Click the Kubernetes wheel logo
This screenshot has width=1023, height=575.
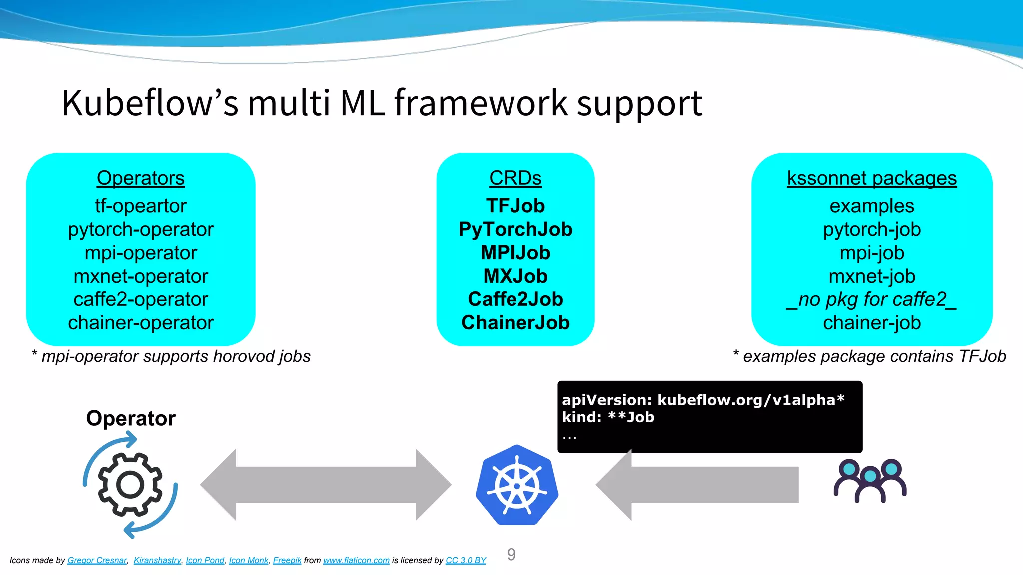coord(517,485)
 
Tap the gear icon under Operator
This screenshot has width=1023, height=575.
coord(130,485)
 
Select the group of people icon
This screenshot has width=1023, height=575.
coord(870,480)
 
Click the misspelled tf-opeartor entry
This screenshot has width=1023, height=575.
coord(141,206)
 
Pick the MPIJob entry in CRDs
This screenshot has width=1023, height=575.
coord(515,253)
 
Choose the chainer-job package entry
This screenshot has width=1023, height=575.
coord(872,323)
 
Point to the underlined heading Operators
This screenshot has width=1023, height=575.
coord(141,178)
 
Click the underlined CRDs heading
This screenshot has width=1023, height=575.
coord(515,178)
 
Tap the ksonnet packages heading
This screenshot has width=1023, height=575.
coord(872,178)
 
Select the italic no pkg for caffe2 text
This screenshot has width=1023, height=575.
coord(872,299)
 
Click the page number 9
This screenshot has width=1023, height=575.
coord(511,554)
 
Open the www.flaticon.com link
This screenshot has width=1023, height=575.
coord(356,560)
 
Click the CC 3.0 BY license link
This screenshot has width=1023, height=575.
coord(466,560)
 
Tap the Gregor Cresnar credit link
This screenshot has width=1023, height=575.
coord(97,560)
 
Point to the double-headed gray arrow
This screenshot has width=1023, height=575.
coord(326,485)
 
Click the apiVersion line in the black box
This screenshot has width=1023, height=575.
coord(703,400)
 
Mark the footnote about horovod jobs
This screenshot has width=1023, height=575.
coord(171,356)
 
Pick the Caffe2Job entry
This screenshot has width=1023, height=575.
coord(515,299)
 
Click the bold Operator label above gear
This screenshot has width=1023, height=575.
coord(131,418)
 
